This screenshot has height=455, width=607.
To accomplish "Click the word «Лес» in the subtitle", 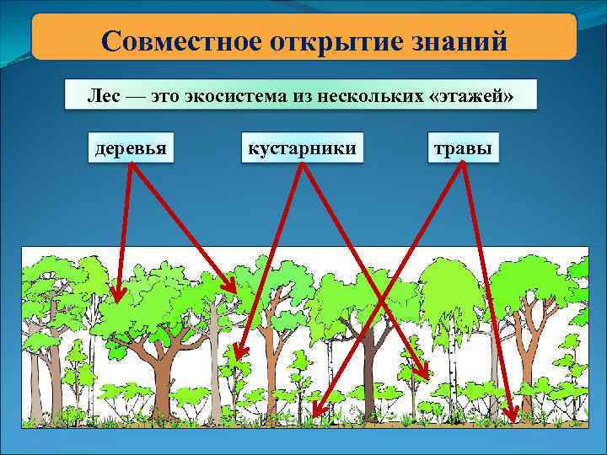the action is (x=103, y=96).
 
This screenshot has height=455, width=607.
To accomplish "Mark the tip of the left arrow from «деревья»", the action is (x=116, y=300).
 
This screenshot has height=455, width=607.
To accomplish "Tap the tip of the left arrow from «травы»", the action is (x=314, y=416).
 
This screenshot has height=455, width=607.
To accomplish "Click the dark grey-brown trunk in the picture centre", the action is (x=368, y=371).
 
